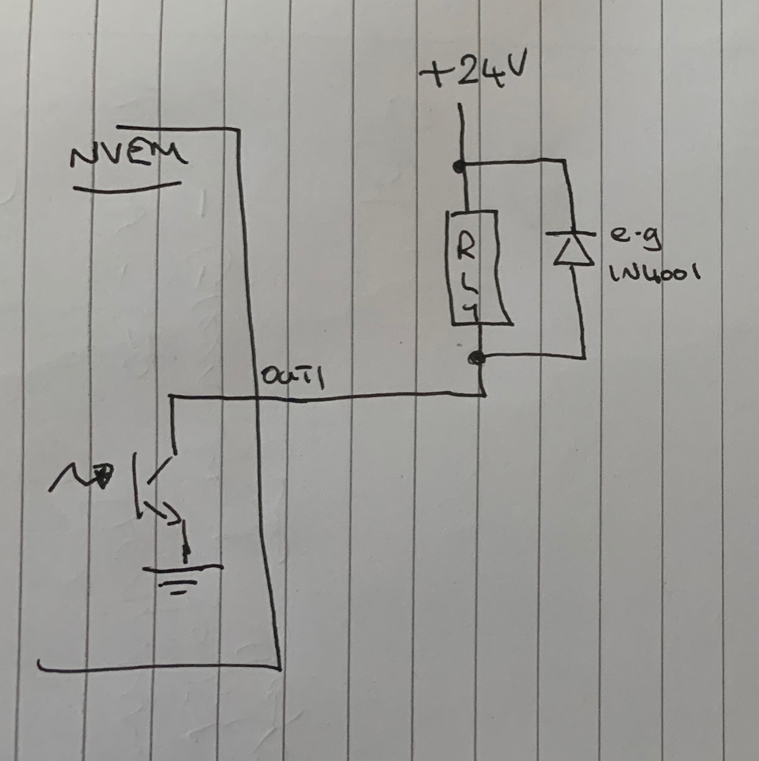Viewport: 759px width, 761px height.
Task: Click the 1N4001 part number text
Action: [x=653, y=274]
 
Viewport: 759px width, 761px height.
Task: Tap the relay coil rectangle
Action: [x=480, y=268]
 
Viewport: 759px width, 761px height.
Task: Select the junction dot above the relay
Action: [x=459, y=167]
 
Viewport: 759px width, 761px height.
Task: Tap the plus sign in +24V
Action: [x=433, y=77]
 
